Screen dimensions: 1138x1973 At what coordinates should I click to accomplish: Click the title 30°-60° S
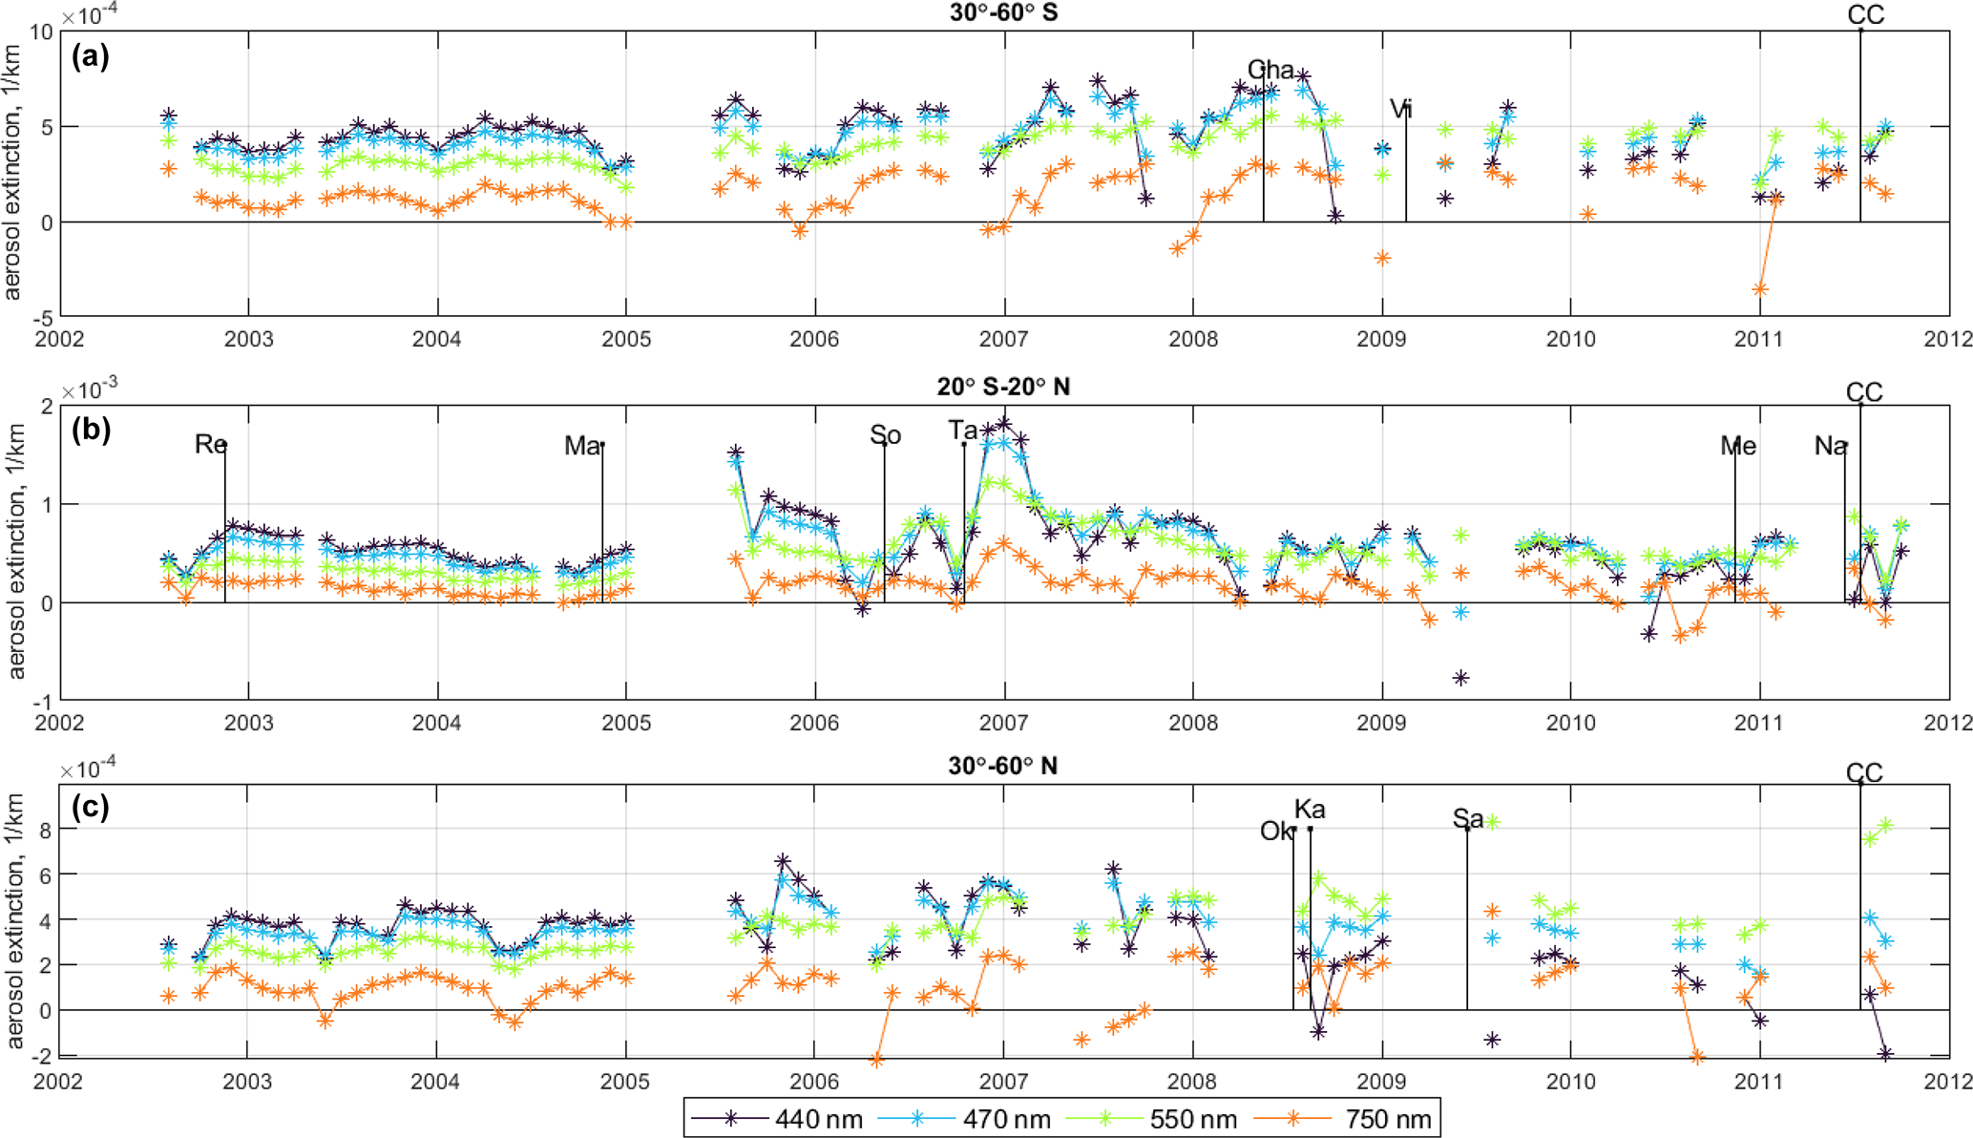[x=1003, y=13]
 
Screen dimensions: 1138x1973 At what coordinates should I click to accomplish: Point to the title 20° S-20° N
[x=1003, y=387]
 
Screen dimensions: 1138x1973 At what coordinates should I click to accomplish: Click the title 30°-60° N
[x=1002, y=766]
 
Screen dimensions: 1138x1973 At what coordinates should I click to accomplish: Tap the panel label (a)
[x=91, y=56]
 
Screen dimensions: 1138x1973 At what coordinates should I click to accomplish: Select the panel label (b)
[x=91, y=430]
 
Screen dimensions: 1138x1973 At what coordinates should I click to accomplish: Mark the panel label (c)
[x=91, y=808]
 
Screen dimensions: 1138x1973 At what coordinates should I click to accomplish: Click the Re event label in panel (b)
[x=210, y=444]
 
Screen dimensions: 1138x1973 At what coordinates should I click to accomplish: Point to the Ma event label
[x=582, y=445]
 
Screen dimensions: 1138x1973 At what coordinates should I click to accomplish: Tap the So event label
[x=885, y=435]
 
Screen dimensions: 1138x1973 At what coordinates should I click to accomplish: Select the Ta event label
[x=962, y=431]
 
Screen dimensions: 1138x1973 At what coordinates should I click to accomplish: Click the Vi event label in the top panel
[x=1400, y=109]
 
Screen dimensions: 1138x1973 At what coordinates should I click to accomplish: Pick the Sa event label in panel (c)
[x=1468, y=818]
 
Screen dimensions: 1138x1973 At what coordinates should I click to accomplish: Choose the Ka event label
[x=1310, y=810]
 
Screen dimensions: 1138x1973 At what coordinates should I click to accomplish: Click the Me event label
[x=1738, y=446]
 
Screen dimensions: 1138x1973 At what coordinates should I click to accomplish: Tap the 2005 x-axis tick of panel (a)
[x=626, y=339]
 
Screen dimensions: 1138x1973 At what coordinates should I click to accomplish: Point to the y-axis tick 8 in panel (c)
[x=45, y=830]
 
